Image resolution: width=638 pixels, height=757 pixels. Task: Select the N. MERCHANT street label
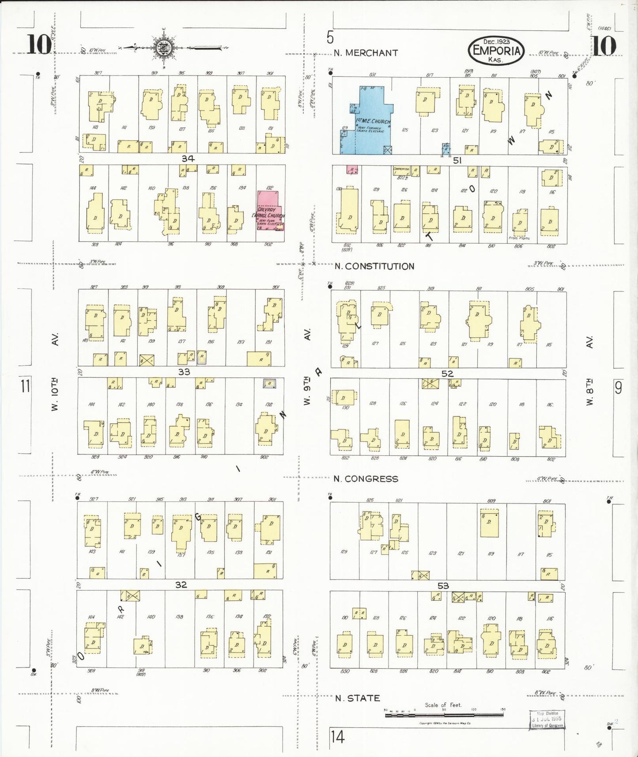tap(366, 53)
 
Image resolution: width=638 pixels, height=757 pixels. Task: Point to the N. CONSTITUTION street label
tap(374, 266)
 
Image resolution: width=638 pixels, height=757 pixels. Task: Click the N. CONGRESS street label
tap(366, 479)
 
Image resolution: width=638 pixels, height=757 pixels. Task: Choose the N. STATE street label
tap(357, 698)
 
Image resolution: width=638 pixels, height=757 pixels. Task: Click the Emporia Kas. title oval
tap(496, 50)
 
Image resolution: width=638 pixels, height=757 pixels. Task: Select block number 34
tap(188, 159)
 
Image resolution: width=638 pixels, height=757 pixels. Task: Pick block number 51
tap(457, 160)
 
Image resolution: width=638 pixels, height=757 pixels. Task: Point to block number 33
tap(184, 372)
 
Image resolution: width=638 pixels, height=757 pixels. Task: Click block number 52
tap(447, 374)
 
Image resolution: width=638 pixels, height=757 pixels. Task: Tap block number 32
tap(181, 585)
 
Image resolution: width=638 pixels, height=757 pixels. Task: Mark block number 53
tap(443, 586)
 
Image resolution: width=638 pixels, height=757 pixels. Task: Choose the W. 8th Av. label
tap(589, 371)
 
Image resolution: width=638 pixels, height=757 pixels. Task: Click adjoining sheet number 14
tap(337, 737)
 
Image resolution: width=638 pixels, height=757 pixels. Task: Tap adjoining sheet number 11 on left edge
tap(25, 386)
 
